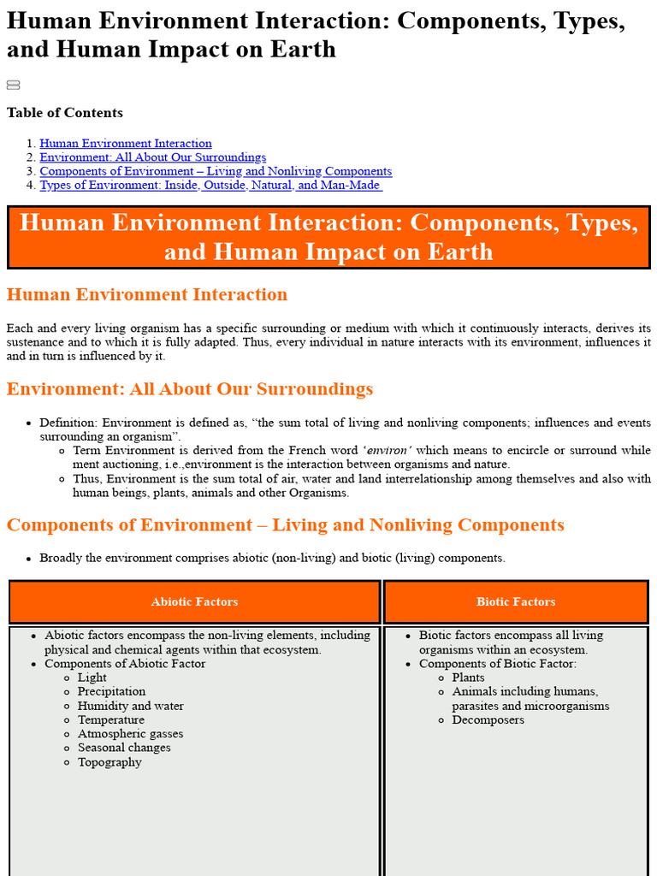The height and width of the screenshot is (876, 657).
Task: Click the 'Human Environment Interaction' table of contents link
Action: coord(126,144)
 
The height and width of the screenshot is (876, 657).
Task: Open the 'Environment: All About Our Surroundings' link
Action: coord(152,157)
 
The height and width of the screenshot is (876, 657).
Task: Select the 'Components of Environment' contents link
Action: coord(216,171)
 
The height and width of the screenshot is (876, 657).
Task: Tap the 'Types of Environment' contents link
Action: coord(210,185)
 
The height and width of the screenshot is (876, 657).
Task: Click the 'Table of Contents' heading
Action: coord(65,113)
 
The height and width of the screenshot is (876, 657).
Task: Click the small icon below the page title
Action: coord(13,85)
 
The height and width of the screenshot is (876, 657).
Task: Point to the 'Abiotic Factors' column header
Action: coord(194,602)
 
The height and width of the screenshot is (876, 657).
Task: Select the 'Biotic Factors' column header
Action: coord(516,602)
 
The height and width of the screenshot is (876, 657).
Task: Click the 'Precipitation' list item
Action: coord(111,691)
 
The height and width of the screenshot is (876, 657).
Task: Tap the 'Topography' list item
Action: coord(109,762)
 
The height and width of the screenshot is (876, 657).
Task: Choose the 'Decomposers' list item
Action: coord(488,719)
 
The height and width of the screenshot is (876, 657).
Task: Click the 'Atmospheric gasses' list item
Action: coord(130,734)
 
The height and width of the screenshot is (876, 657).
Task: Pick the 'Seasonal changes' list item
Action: coord(124,748)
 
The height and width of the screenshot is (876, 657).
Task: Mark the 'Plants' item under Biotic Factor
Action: coord(468,678)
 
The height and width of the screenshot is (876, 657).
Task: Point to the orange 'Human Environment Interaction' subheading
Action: coord(147,295)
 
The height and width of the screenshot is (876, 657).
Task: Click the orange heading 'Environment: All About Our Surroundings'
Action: coord(190,389)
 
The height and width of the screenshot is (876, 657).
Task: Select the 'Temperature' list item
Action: coord(111,719)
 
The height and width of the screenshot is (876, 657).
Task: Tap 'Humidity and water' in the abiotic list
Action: coord(130,706)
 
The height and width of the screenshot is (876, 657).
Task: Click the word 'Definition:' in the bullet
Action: coord(68,423)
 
